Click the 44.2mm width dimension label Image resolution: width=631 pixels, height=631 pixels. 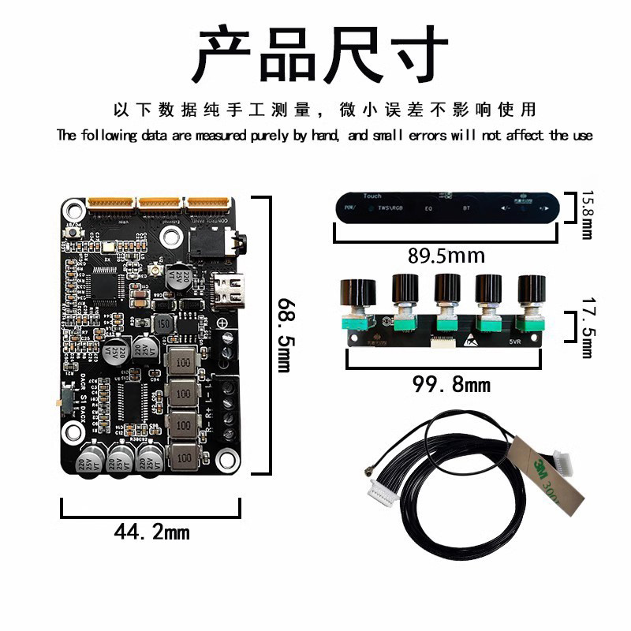coord(151,532)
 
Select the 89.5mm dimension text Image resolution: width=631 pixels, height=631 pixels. coord(446,256)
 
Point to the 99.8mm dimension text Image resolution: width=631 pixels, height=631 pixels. coord(452,385)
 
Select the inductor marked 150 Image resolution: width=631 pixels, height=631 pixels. coord(163,325)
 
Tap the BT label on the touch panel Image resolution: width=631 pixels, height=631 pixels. coord(466,211)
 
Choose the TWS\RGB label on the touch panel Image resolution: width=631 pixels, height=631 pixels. coord(390,210)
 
